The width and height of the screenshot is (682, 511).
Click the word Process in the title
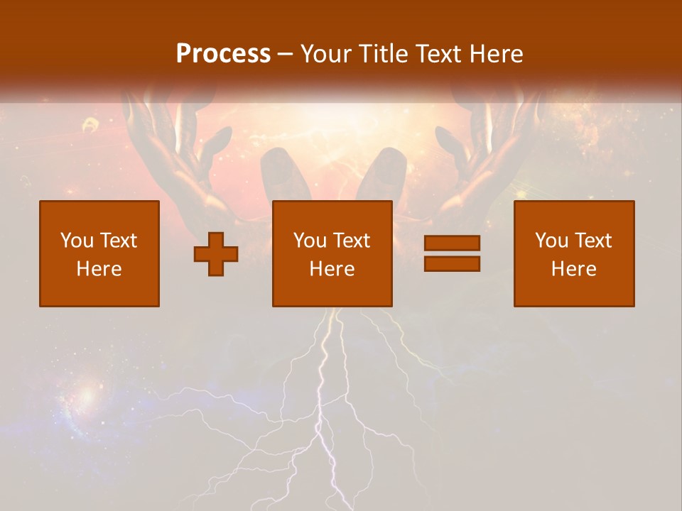coord(223,54)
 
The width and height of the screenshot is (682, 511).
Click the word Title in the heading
coord(383,54)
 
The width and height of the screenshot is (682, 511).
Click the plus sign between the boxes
coord(216,254)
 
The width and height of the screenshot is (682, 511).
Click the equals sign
coord(452,253)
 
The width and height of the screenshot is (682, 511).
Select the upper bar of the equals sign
coord(452,243)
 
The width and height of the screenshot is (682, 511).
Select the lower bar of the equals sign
coord(452,263)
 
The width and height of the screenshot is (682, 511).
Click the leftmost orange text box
coord(99,253)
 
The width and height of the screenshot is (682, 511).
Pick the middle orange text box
coord(332,253)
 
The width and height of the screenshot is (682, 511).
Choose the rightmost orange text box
coord(573,253)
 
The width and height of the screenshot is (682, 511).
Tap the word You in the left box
coord(75,241)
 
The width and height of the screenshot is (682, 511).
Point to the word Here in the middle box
coord(332,269)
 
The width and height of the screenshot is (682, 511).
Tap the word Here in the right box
coord(573,269)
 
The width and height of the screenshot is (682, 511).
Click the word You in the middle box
coord(310,241)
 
